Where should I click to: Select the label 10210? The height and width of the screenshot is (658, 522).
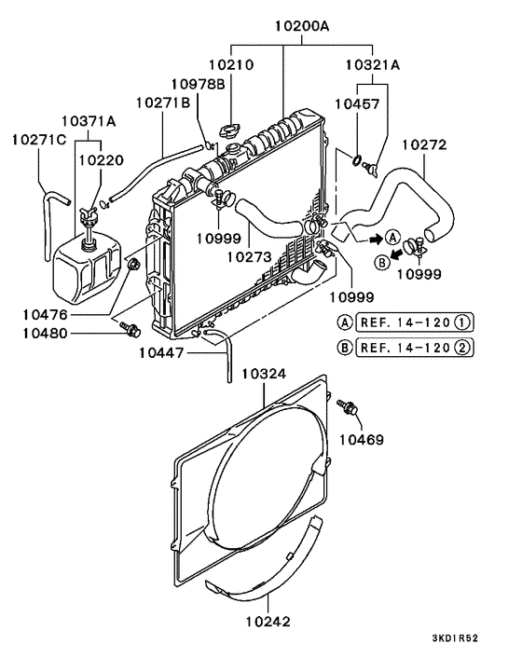click(x=230, y=66)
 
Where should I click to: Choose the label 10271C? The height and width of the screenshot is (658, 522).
click(x=38, y=140)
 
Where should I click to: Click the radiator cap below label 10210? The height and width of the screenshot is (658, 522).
click(x=230, y=129)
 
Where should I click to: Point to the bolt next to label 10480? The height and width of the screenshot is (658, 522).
click(x=130, y=328)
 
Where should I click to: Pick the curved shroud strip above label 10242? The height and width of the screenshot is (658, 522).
click(x=266, y=569)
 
